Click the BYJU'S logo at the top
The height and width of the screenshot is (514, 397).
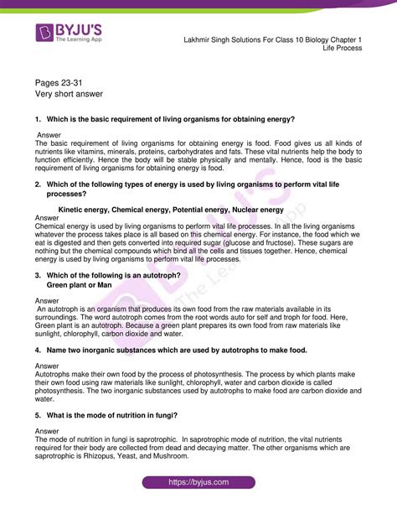click(72, 34)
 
